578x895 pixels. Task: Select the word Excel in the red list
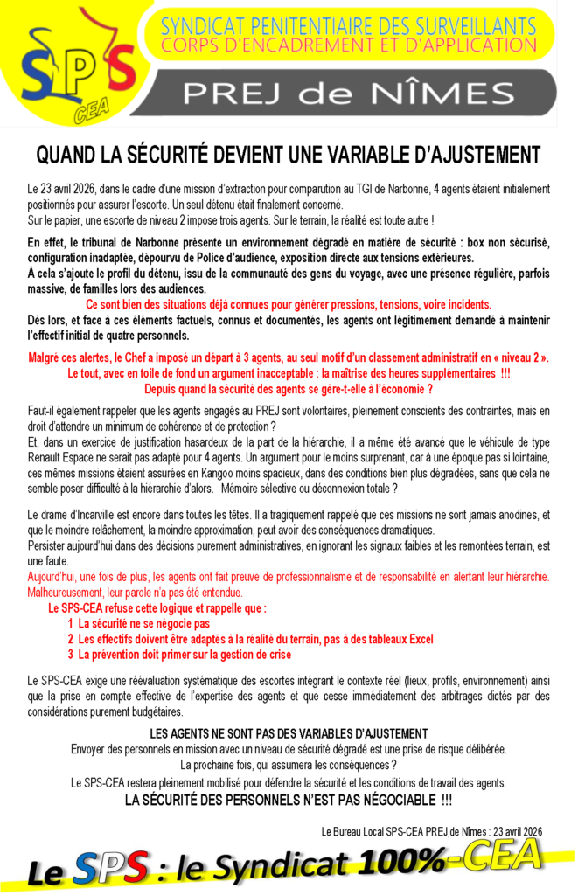(419, 639)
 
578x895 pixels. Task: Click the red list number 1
(70, 624)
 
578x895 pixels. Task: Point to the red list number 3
(70, 654)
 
